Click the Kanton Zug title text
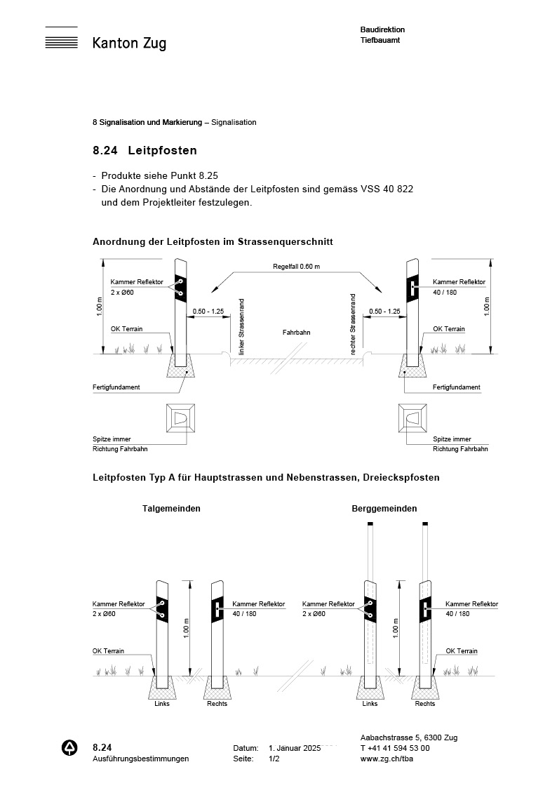click(129, 44)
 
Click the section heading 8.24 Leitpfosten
click(145, 150)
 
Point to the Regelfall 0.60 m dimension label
click(296, 267)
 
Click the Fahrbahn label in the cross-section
click(296, 332)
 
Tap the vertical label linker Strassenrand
click(242, 326)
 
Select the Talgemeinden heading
click(171, 509)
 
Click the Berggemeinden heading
click(384, 509)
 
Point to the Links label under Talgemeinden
click(162, 704)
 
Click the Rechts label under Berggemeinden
click(424, 704)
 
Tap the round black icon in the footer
click(70, 748)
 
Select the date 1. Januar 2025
click(295, 748)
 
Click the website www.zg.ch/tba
click(385, 759)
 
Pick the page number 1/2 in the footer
click(274, 759)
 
